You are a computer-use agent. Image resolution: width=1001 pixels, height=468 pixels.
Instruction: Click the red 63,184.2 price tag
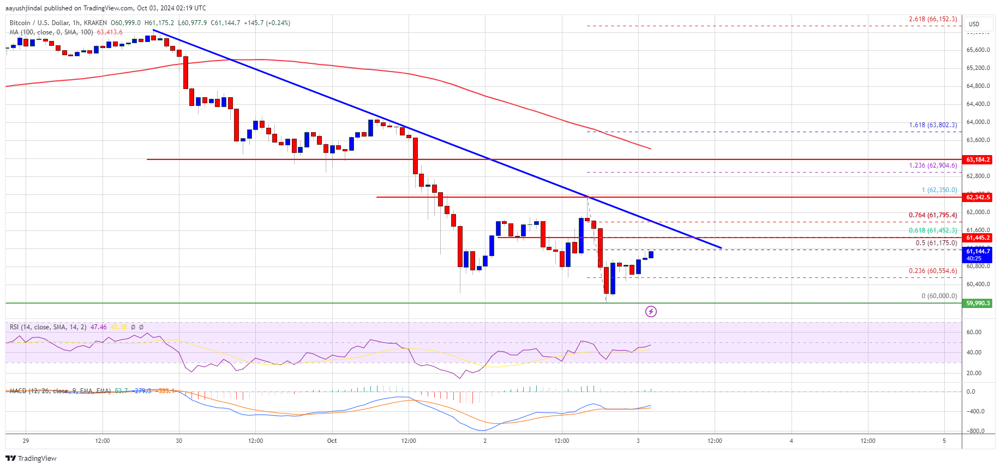pyautogui.click(x=978, y=159)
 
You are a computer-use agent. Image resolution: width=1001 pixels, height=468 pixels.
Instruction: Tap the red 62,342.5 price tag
pyautogui.click(x=978, y=197)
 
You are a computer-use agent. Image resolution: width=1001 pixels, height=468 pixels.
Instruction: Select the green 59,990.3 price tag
pyautogui.click(x=978, y=303)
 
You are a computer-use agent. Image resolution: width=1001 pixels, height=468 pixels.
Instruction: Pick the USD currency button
pyautogui.click(x=974, y=24)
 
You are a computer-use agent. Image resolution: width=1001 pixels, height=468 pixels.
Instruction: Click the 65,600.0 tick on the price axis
pyautogui.click(x=978, y=50)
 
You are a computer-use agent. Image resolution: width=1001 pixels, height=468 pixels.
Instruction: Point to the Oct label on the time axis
pyautogui.click(x=332, y=441)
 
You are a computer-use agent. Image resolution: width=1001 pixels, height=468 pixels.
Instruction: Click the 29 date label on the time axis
pyautogui.click(x=26, y=441)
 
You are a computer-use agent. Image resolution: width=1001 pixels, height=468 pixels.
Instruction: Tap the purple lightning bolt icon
pyautogui.click(x=651, y=311)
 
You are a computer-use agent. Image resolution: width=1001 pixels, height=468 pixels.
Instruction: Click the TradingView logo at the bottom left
pyautogui.click(x=31, y=458)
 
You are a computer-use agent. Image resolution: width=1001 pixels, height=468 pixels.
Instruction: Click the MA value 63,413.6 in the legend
pyautogui.click(x=110, y=32)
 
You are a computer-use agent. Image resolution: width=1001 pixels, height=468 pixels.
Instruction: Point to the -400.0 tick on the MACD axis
pyautogui.click(x=975, y=411)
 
